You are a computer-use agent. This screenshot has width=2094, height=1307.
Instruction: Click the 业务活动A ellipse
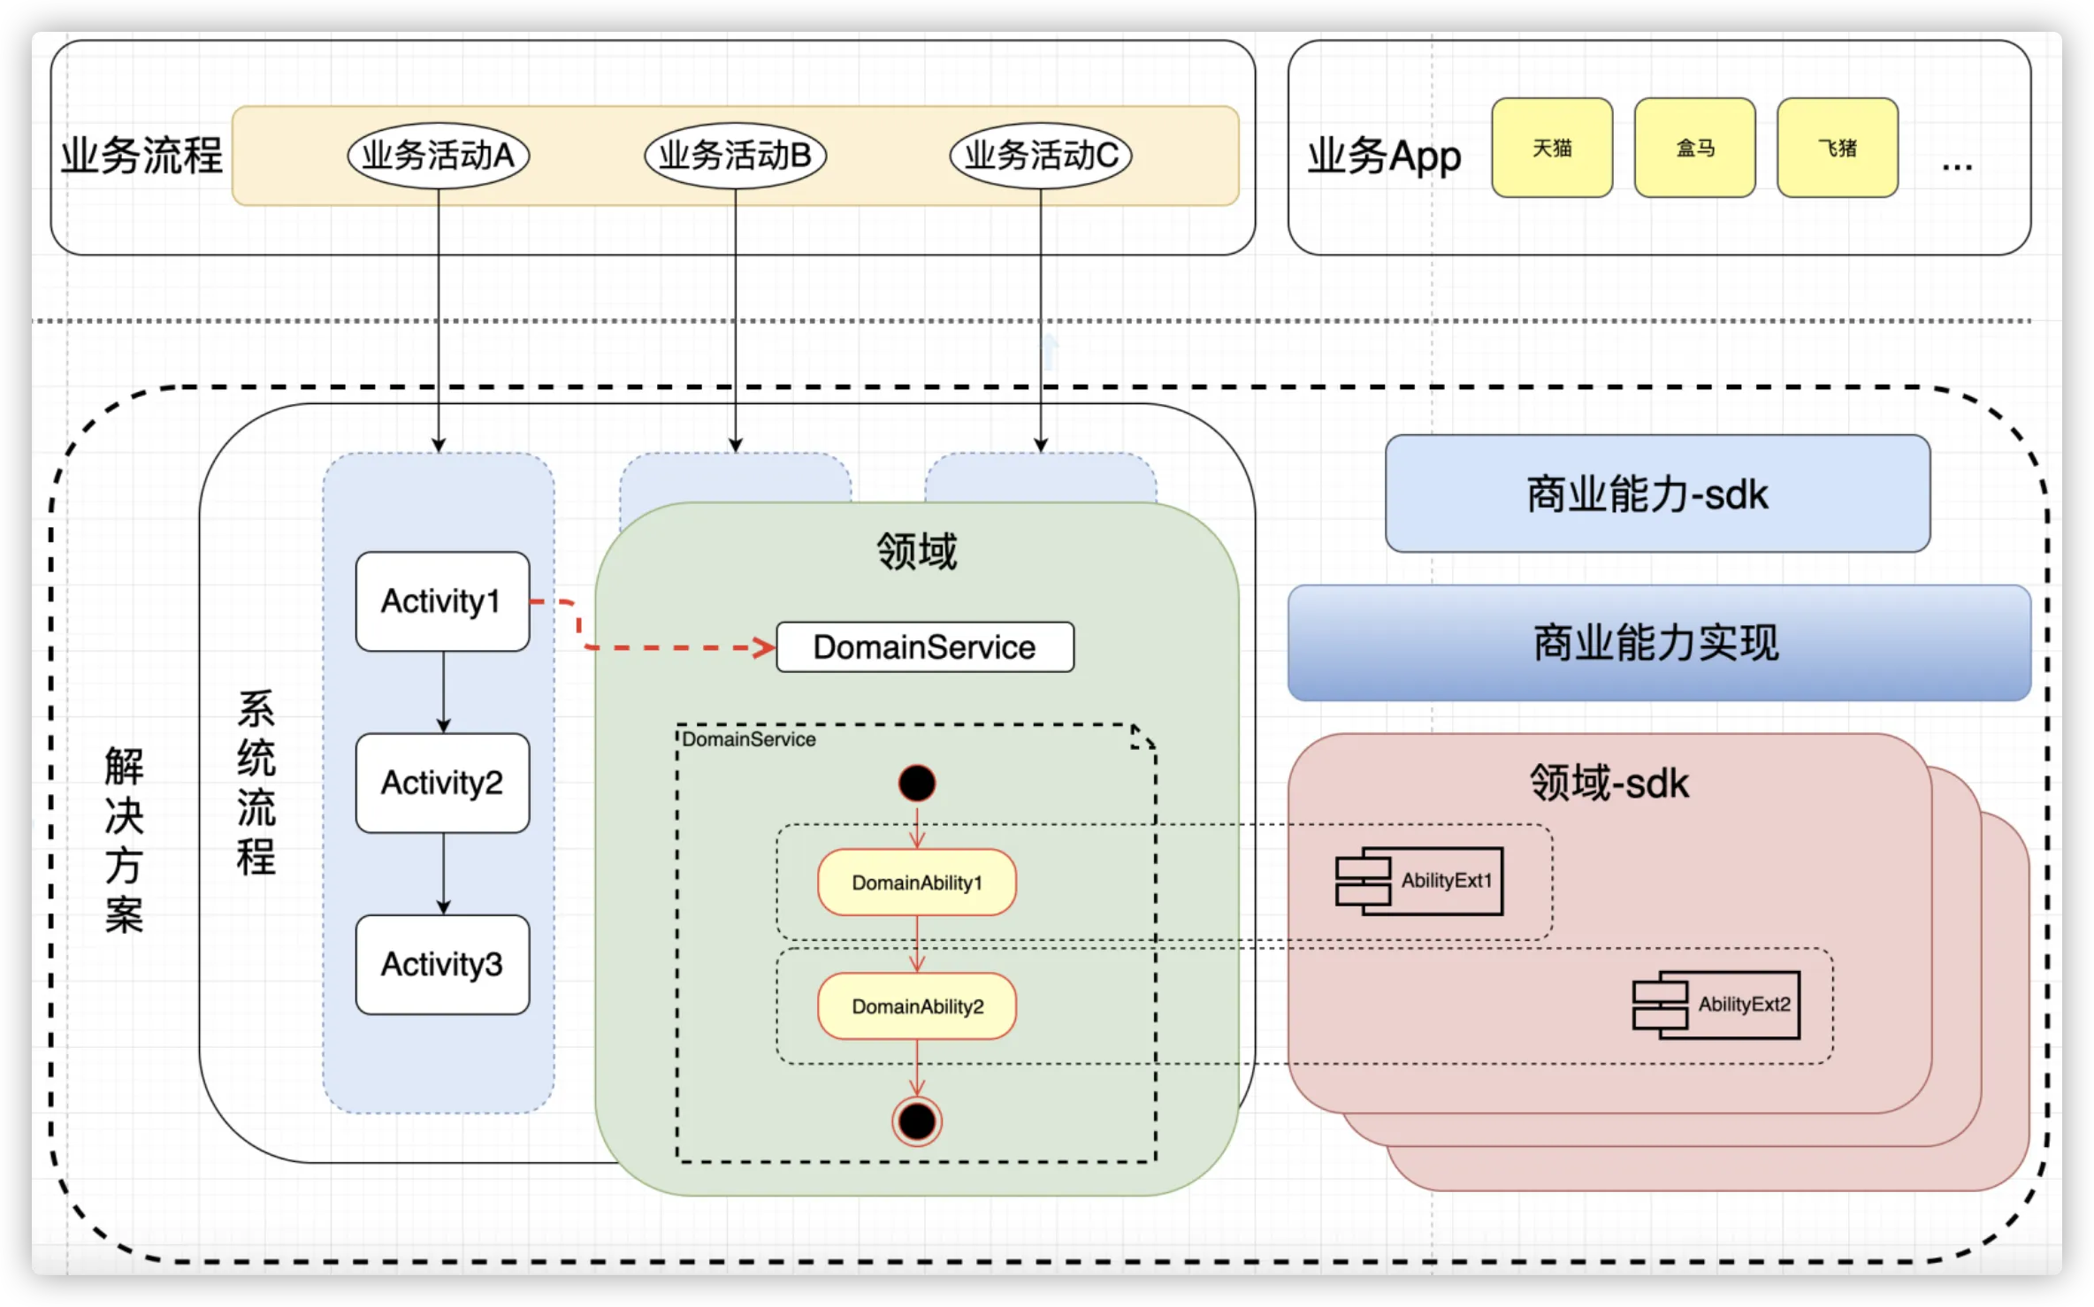(x=439, y=156)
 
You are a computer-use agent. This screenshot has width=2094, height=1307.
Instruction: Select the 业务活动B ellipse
(x=736, y=156)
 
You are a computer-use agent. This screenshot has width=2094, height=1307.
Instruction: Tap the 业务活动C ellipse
(x=1041, y=156)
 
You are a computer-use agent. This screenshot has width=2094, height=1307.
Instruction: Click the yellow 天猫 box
(x=1552, y=148)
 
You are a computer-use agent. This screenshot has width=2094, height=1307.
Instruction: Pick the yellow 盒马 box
(x=1695, y=148)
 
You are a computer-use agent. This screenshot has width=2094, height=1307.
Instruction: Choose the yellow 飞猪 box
(x=1838, y=148)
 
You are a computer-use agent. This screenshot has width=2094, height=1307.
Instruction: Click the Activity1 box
(x=443, y=601)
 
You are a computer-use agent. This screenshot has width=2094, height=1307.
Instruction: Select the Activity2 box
(x=443, y=783)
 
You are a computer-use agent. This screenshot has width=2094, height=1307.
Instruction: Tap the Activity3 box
(x=443, y=964)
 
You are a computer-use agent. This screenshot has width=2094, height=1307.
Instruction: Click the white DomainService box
(x=925, y=647)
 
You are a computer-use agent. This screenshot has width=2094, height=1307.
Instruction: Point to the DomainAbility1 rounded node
(x=917, y=883)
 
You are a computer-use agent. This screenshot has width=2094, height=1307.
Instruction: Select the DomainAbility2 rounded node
(x=917, y=1006)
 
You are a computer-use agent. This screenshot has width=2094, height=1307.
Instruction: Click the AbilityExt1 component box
(x=1419, y=881)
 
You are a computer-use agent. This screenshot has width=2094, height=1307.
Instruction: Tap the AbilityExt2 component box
(x=1716, y=1005)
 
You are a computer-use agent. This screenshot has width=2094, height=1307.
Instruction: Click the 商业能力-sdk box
(x=1658, y=493)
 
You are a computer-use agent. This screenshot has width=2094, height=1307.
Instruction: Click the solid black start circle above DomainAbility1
(x=917, y=783)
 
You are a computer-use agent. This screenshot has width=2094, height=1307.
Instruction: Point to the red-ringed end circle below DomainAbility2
(x=917, y=1121)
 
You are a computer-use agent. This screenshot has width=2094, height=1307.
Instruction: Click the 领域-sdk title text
(x=1609, y=783)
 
